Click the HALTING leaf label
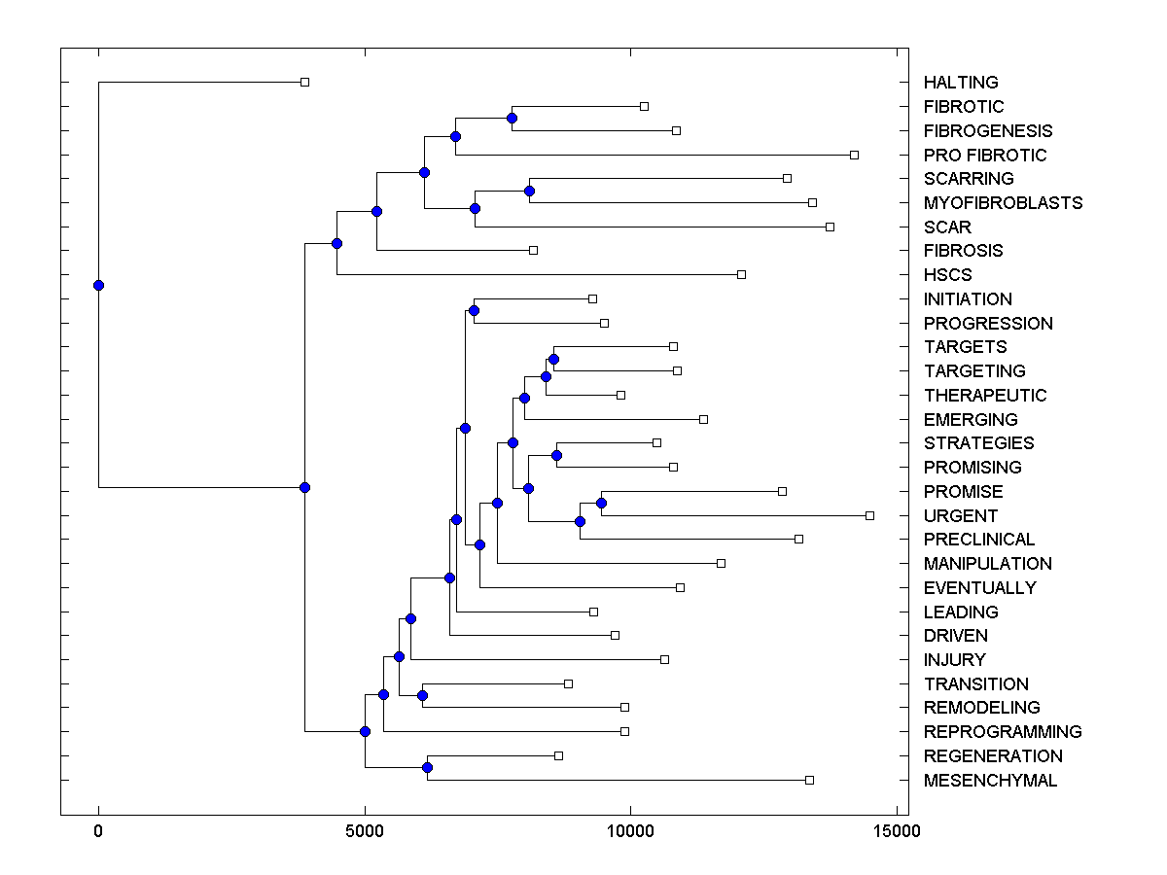(961, 83)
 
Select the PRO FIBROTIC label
(985, 156)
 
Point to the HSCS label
(947, 275)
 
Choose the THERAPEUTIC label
(985, 396)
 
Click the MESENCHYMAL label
(990, 781)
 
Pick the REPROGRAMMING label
(1003, 732)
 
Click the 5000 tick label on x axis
(365, 831)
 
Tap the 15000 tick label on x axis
(896, 831)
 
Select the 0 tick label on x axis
(98, 831)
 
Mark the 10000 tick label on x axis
(630, 831)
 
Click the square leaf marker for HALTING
(304, 82)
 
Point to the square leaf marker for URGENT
(869, 515)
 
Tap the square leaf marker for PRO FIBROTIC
(854, 155)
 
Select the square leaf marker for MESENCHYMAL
(809, 780)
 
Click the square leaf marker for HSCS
(741, 274)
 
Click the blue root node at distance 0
(98, 285)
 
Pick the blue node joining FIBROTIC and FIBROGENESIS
(512, 118)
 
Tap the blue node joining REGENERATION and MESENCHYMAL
(427, 768)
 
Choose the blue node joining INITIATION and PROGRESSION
(474, 310)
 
